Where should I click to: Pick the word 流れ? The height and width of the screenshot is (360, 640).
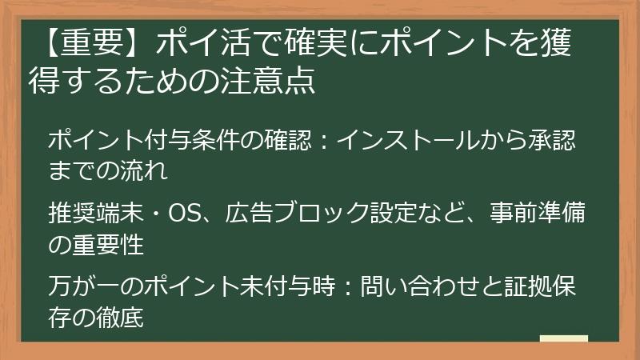(x=149, y=170)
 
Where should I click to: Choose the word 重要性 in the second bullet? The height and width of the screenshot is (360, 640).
(x=112, y=243)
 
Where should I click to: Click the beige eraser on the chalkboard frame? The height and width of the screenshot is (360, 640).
(x=564, y=338)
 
